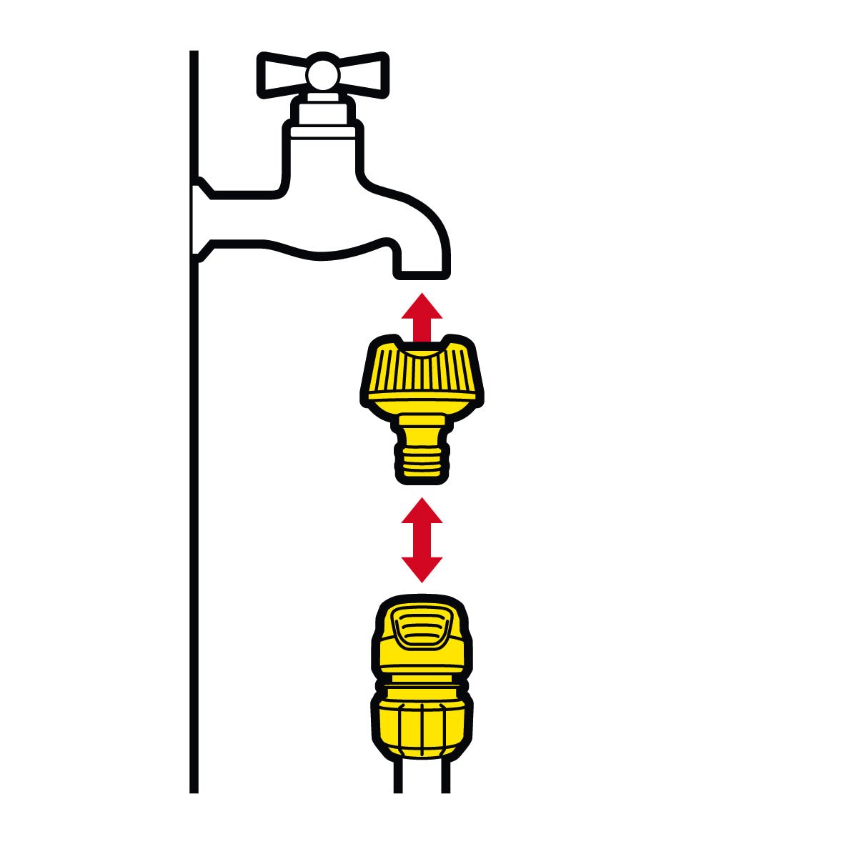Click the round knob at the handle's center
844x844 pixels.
[x=323, y=73]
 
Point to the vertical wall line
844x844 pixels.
[x=193, y=500]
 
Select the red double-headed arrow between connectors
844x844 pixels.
[x=422, y=540]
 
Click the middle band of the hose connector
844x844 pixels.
[x=422, y=682]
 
